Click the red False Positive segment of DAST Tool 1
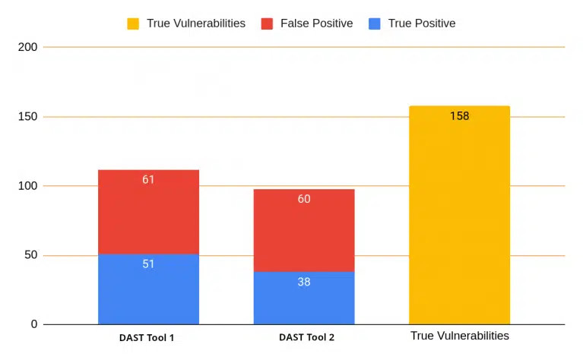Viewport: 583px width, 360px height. click(x=148, y=212)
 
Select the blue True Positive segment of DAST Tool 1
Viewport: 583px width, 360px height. click(x=148, y=289)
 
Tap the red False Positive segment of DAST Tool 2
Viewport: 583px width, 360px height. click(x=304, y=230)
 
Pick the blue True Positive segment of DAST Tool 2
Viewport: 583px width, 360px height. click(x=304, y=298)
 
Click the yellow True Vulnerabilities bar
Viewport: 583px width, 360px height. click(x=460, y=215)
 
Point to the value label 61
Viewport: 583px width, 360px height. click(x=148, y=179)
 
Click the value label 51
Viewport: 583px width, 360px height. click(x=148, y=264)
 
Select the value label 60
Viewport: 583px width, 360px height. click(x=304, y=199)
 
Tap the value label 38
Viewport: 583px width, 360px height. click(x=304, y=282)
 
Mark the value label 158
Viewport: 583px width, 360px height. click(x=460, y=116)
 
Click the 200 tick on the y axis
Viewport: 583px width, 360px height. click(x=28, y=47)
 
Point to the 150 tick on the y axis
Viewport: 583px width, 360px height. click(x=28, y=117)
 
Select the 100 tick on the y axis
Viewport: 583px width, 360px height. click(x=28, y=186)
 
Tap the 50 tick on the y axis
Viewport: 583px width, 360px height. click(x=31, y=255)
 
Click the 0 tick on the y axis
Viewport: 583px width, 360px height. click(x=34, y=324)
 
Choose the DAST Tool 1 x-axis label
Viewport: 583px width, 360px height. click(x=147, y=338)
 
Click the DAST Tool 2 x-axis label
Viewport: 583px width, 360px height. click(x=307, y=337)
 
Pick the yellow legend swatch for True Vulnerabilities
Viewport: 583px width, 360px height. click(x=133, y=24)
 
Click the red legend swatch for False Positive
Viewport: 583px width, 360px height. click(x=267, y=24)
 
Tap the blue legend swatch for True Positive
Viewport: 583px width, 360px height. click(x=375, y=24)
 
